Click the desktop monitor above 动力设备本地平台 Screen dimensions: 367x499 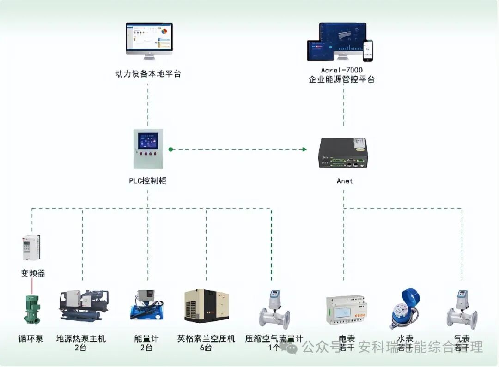point(149,41)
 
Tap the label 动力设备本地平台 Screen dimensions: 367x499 point(148,74)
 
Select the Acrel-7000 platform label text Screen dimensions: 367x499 point(341,75)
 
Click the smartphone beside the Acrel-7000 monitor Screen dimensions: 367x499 point(368,50)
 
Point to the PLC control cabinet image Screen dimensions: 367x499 point(148,149)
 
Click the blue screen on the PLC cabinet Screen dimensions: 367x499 point(148,140)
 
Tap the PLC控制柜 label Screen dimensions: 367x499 point(147,180)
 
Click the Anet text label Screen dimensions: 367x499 point(344,181)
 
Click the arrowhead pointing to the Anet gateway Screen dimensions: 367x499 point(304,149)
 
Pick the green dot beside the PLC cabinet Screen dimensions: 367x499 point(170,149)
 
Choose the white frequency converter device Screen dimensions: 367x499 point(31,247)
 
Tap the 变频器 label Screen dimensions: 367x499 point(32,273)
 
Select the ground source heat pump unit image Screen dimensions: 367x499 point(83,306)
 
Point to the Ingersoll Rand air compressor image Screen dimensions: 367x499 point(207,306)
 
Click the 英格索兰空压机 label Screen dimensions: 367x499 point(206,339)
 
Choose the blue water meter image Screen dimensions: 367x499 point(403,307)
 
